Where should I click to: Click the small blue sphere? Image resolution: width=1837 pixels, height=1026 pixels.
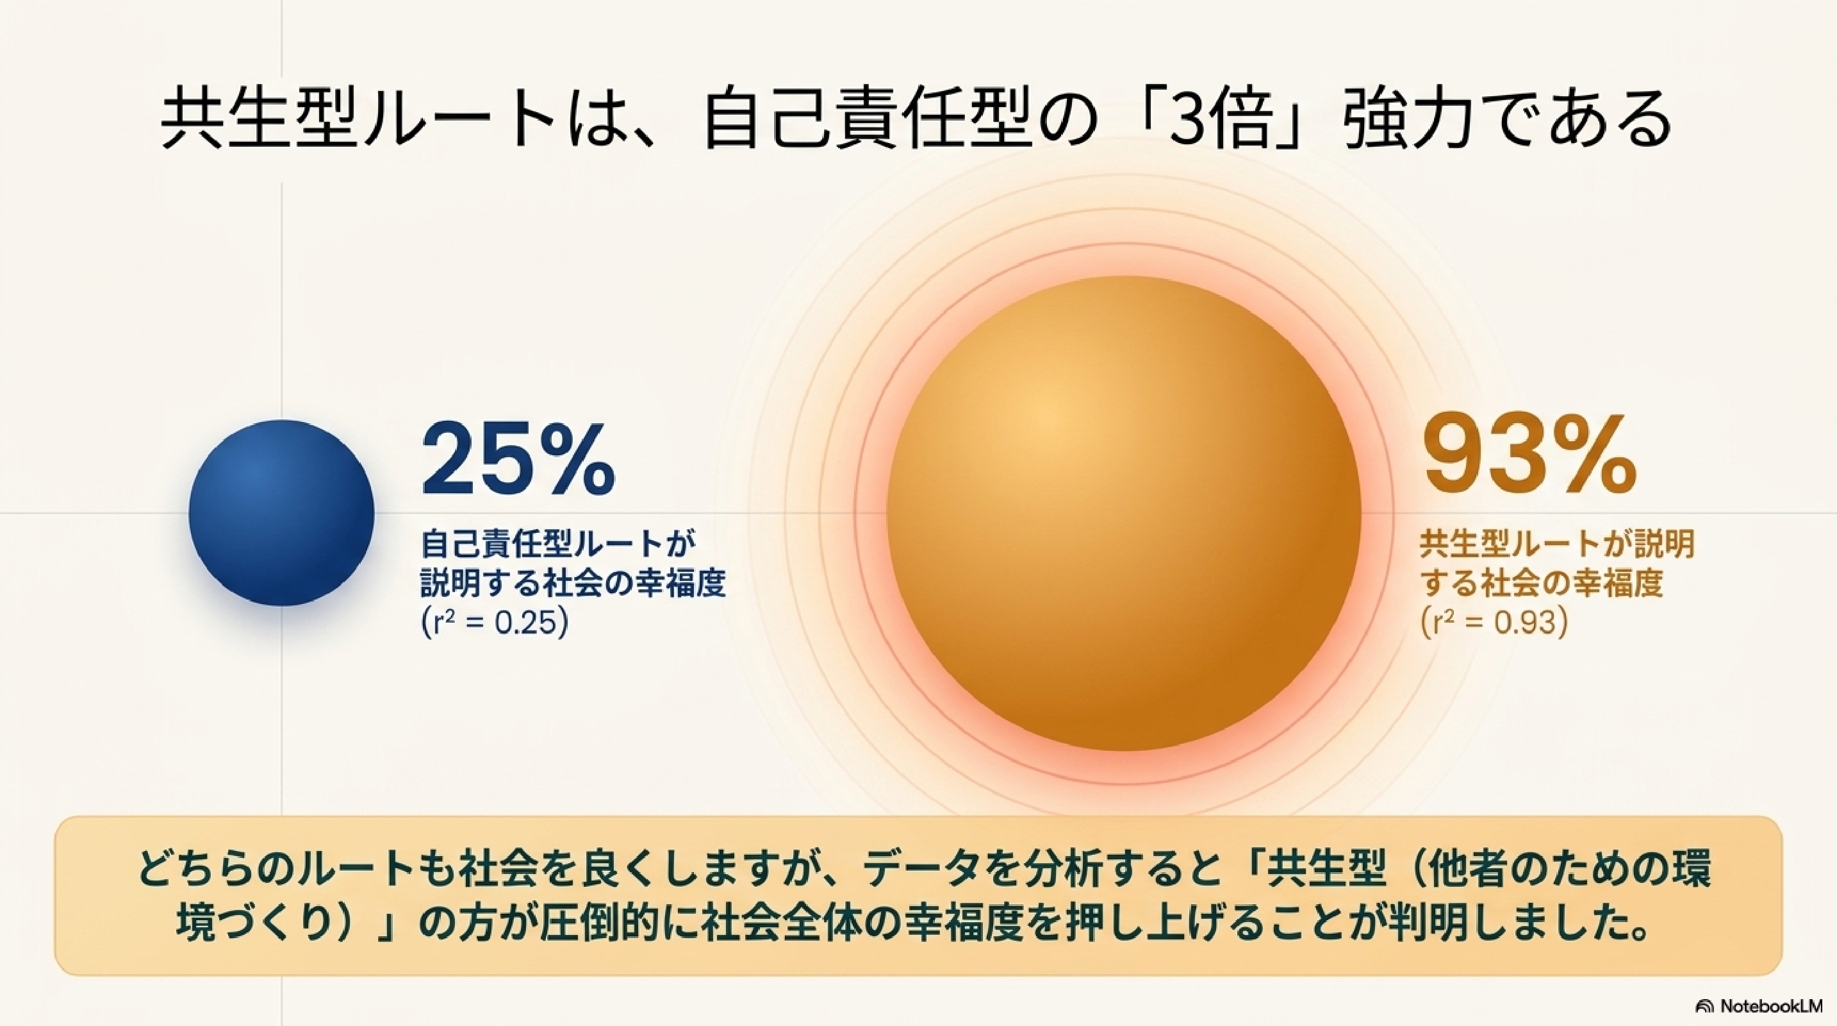pos(282,512)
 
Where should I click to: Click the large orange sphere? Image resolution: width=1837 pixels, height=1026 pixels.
pos(1124,513)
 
